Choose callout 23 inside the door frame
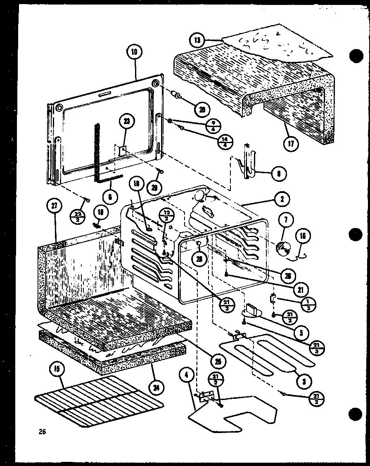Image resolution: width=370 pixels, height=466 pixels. click(126, 122)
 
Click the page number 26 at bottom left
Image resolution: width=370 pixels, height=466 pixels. click(42, 432)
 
